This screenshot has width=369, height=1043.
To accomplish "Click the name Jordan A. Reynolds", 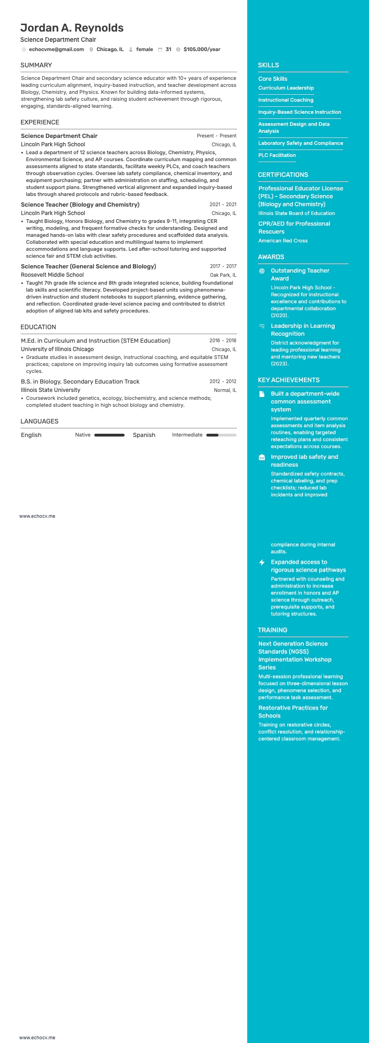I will (x=72, y=28).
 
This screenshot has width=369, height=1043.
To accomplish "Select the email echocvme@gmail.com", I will (x=56, y=49).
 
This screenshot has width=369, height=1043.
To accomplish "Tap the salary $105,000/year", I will (x=202, y=49).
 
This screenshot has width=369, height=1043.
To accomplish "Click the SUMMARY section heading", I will (x=36, y=65).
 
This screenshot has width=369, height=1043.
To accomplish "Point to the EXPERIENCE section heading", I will (x=40, y=122).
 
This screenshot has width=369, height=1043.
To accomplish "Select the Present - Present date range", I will (x=217, y=136).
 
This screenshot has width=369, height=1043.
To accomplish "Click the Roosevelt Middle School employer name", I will (x=52, y=275).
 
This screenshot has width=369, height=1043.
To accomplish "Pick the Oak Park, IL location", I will (x=223, y=275).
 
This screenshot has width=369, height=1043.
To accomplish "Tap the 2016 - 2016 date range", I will (x=223, y=340).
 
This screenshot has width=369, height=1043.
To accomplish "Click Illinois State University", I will (x=51, y=390).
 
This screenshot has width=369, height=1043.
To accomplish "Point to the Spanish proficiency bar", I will (x=221, y=435).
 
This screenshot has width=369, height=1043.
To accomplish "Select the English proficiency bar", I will (x=109, y=435).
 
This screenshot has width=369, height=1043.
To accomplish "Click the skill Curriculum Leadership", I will (x=286, y=88).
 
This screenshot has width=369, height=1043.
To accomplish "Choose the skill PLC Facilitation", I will (x=277, y=155).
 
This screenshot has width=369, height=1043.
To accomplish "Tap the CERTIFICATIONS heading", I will (x=283, y=175).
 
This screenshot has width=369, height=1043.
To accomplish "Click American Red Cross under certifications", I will (x=283, y=241).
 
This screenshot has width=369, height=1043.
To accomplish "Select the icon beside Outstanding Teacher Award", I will (x=262, y=271).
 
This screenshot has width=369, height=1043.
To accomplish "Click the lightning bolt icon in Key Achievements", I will (x=262, y=562).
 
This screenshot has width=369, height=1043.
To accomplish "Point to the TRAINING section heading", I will (x=273, y=630).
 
